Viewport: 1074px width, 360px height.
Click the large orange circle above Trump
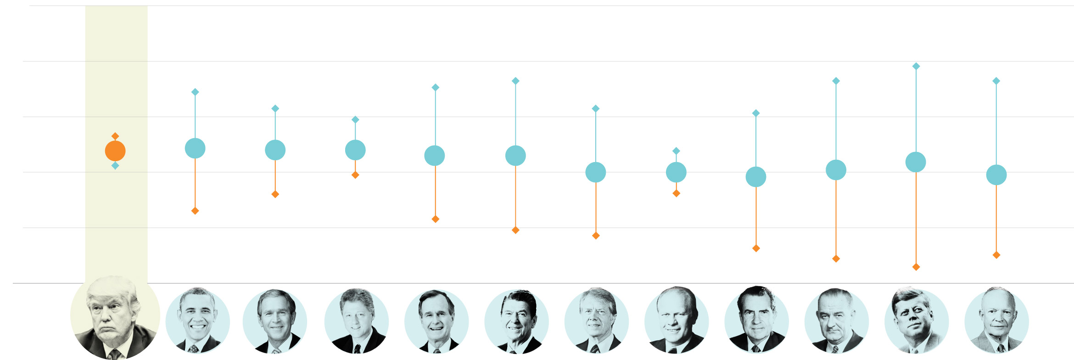pos(115,151)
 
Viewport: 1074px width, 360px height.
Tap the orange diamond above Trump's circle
pos(115,136)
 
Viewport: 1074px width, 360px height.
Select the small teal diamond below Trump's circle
pos(115,166)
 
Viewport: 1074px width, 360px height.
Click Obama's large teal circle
pos(195,148)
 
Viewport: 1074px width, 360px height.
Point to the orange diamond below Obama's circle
pos(195,211)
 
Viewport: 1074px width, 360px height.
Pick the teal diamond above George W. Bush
pos(275,109)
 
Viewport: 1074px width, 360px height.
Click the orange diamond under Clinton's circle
pos(355,175)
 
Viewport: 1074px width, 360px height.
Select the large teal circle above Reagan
pos(515,156)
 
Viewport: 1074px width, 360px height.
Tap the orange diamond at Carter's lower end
pos(596,236)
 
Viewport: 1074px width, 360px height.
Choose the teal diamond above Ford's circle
pos(676,151)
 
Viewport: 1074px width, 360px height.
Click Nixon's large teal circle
pos(756,177)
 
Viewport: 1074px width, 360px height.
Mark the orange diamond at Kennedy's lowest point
pos(916,267)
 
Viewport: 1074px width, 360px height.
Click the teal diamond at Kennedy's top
pos(916,67)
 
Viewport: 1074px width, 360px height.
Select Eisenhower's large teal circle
pos(996,175)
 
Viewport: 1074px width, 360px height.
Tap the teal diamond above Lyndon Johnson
pos(836,81)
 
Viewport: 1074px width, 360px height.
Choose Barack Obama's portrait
pos(197,321)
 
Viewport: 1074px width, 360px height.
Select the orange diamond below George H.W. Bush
pos(436,219)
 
